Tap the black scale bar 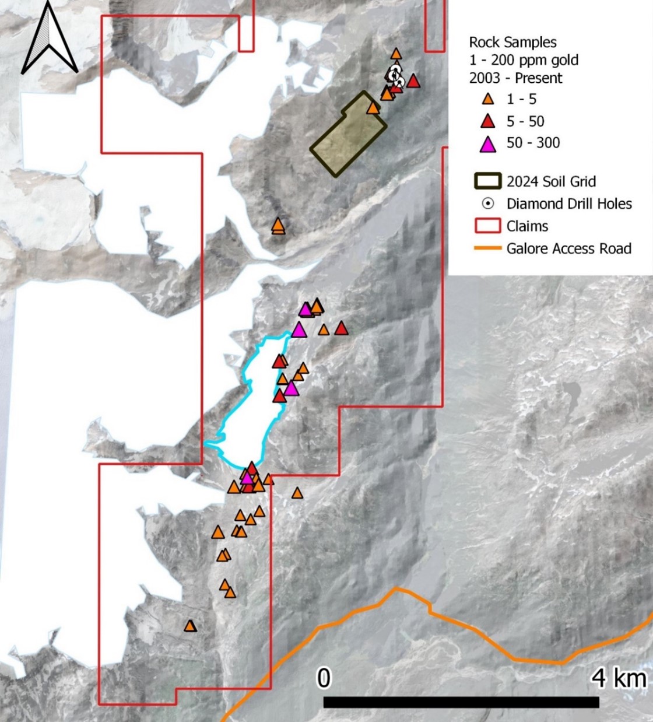[x=461, y=702]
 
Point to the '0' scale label [x=324, y=679]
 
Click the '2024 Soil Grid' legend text [x=551, y=181]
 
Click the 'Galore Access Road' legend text [x=568, y=248]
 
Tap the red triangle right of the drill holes [x=413, y=81]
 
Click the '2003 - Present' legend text [x=515, y=78]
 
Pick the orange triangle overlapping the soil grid [x=373, y=108]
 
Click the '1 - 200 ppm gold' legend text [x=524, y=60]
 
